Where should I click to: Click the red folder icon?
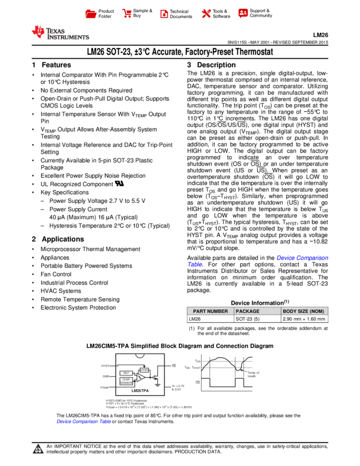(91, 14)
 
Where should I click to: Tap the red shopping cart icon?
(127, 13)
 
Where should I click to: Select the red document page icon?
(164, 14)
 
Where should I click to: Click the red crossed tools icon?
(206, 13)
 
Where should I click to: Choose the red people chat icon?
(243, 13)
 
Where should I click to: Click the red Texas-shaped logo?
(38, 32)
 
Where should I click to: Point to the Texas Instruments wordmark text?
(67, 34)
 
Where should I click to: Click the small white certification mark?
(119, 183)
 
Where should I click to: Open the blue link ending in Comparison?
(302, 258)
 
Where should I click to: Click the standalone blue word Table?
(195, 264)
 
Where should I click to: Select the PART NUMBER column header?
(210, 311)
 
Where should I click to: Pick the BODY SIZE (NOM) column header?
(304, 311)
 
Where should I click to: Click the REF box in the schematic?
(126, 373)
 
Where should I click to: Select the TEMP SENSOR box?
(126, 380)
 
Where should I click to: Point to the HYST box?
(144, 370)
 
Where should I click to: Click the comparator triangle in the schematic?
(140, 377)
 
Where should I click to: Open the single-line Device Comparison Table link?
(84, 422)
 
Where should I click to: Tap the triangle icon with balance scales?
(38, 450)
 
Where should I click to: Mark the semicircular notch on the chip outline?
(140, 355)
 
